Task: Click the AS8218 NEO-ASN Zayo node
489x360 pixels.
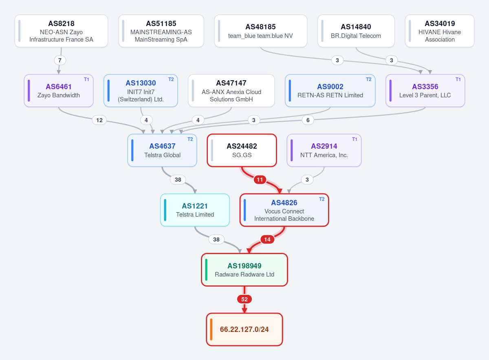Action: [62, 31]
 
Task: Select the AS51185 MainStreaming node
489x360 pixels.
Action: [161, 31]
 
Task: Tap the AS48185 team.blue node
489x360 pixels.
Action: [261, 31]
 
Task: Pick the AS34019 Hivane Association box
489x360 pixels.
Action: [440, 31]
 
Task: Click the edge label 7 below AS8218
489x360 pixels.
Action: [60, 60]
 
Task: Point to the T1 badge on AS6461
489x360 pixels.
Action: [86, 79]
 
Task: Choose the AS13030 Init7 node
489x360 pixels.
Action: [141, 90]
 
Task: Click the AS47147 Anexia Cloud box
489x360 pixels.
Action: [231, 90]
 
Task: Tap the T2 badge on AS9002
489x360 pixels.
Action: [368, 79]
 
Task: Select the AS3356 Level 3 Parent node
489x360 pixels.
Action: [425, 90]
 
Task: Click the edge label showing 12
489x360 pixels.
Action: [99, 120]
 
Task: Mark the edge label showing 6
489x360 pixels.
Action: [308, 120]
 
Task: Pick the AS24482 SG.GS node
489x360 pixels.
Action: [242, 150]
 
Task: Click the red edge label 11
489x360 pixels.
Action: [260, 180]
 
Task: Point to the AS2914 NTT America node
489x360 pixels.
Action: [324, 150]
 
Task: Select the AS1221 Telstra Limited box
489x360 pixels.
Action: [195, 210]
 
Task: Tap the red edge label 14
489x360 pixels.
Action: [267, 239]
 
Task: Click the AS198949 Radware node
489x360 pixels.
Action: [244, 270]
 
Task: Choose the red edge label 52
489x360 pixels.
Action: [244, 299]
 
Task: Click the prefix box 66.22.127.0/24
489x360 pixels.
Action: [244, 329]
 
